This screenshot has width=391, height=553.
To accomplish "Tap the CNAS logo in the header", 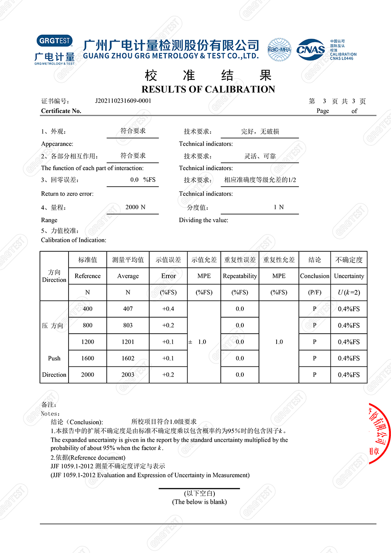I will pos(311,50).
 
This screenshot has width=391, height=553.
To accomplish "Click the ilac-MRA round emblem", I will pos(279,50).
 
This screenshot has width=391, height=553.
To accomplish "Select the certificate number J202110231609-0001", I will pos(123,101).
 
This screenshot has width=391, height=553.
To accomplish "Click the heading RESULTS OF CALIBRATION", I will pos(208,89).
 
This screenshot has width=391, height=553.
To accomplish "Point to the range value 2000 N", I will pos(135,207).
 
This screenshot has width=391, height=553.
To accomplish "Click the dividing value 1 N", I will pos(279,207).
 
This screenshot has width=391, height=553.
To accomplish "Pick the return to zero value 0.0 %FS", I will pos(143,180).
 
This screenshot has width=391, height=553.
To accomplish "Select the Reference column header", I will pos(87,276).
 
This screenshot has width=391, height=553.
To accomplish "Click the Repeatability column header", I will pos(240,276).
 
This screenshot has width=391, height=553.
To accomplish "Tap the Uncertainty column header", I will pos(349,276).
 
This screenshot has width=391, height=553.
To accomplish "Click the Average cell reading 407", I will pos(128,309).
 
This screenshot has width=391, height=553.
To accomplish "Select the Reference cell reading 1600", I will pos(87,358).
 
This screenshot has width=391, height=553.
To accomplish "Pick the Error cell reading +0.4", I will pos(168,309).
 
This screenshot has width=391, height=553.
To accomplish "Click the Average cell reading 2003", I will pos(128,375).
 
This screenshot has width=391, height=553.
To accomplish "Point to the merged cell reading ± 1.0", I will pos(198,342).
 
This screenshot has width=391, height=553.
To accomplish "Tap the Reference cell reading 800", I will pos(87,325).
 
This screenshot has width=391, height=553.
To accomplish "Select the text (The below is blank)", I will pos(199,502).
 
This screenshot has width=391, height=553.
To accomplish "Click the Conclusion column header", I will pos(314,276).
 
